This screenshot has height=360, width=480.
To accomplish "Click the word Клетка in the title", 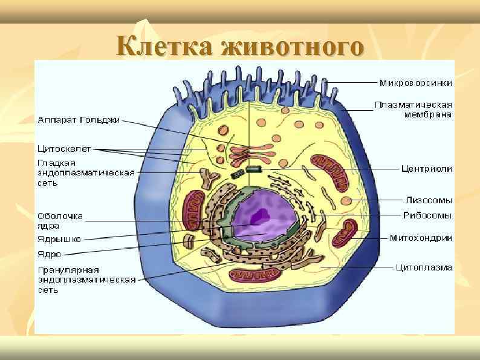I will click(x=164, y=45).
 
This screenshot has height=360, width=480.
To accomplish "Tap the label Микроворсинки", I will click(x=415, y=82).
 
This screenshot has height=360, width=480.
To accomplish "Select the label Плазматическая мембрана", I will click(x=413, y=110).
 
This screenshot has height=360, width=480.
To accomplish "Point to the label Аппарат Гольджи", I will click(x=79, y=120).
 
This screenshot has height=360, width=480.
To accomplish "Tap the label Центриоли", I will click(x=427, y=169).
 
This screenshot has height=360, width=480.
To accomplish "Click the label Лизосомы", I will click(x=427, y=200).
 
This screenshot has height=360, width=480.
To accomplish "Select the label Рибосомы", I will click(x=427, y=215).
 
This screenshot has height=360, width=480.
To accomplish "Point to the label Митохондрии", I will click(x=420, y=238).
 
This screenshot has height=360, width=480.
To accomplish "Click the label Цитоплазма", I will click(x=423, y=267).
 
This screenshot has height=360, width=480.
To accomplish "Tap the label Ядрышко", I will click(x=59, y=239).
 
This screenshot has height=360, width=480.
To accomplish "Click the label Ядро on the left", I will click(x=49, y=254).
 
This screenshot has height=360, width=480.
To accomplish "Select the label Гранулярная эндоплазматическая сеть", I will click(x=85, y=280).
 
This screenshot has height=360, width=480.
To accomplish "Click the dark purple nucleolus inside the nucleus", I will click(x=261, y=214).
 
